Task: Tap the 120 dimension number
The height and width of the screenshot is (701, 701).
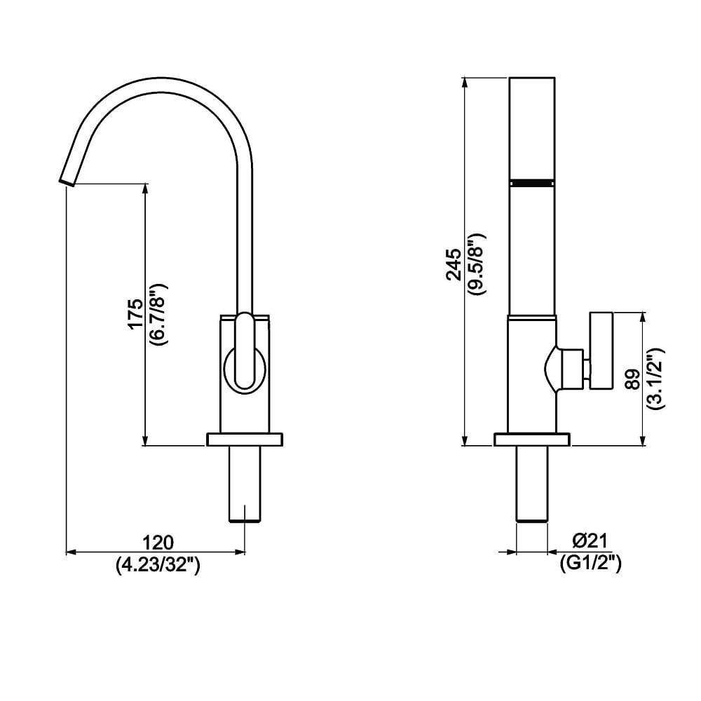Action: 158,542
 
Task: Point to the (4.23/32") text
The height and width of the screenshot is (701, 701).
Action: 158,564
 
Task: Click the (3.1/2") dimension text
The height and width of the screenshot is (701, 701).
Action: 655,379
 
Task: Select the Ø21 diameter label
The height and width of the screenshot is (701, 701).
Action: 590,540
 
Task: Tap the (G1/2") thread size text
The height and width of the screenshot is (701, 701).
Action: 590,562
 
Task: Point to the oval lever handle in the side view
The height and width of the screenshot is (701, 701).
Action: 245,350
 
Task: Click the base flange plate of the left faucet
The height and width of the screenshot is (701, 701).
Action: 245,440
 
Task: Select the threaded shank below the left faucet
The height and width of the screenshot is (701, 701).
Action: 245,484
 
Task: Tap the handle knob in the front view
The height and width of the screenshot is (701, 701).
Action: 601,350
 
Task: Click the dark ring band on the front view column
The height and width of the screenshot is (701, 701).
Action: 533,182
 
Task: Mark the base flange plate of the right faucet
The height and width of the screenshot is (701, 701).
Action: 532,440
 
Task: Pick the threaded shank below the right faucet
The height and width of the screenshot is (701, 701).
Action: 532,484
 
